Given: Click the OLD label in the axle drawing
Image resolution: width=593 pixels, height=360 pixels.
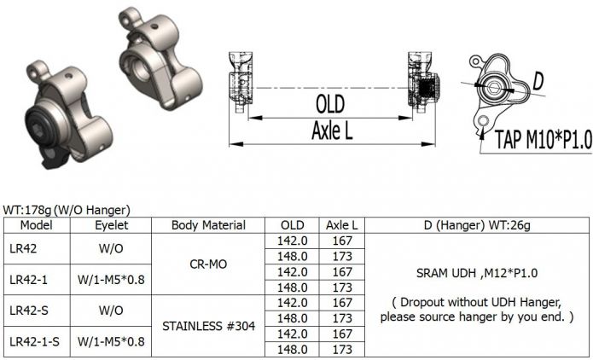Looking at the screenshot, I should [x=329, y=104].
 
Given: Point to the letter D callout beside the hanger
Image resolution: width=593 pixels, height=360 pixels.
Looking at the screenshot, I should [x=538, y=81].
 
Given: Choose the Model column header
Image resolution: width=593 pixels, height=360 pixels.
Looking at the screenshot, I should [x=37, y=225].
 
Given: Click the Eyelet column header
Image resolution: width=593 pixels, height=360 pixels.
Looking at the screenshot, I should [x=111, y=225].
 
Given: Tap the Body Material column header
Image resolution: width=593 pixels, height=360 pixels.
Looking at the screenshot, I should [x=208, y=225].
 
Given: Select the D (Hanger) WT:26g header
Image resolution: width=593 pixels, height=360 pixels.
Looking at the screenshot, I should [x=476, y=225].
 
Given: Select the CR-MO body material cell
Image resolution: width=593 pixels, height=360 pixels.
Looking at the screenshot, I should [x=208, y=264].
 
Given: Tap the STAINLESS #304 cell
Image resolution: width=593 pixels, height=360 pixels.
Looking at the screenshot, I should [x=208, y=326].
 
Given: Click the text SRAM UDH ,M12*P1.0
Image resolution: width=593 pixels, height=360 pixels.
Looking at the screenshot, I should [x=476, y=272].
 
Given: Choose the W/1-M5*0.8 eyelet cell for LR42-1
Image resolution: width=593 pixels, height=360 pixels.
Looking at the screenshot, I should [x=111, y=279].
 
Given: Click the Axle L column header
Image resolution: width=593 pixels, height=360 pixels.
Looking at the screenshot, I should [x=341, y=225].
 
